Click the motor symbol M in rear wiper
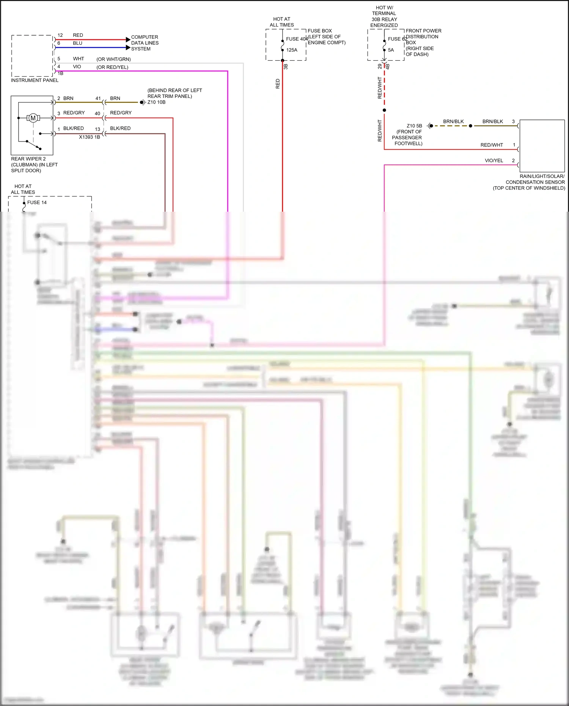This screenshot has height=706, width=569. pyautogui.click(x=33, y=118)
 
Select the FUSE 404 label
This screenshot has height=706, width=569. pyautogui.click(x=297, y=39)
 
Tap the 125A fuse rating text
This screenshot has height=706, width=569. pyautogui.click(x=291, y=50)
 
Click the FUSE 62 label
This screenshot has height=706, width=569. pyautogui.click(x=397, y=39)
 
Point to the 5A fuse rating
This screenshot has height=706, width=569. pyautogui.click(x=391, y=50)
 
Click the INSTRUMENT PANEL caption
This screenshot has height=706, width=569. pyautogui.click(x=35, y=80)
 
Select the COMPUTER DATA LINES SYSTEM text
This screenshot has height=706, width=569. pyautogui.click(x=145, y=43)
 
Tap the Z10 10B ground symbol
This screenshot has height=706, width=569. pyautogui.click(x=142, y=102)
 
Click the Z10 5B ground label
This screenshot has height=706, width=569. pyautogui.click(x=414, y=126)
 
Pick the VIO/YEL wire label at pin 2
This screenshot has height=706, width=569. pyautogui.click(x=494, y=160)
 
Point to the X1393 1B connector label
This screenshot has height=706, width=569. pyautogui.click(x=89, y=137)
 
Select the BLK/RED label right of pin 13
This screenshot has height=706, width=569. pyautogui.click(x=120, y=128)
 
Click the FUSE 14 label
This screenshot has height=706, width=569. pyautogui.click(x=37, y=202)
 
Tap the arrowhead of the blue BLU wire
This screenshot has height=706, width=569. pyautogui.click(x=128, y=47)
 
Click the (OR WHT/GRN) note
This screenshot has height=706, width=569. pyautogui.click(x=113, y=59)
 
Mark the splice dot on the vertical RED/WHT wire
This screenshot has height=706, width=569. pyautogui.click(x=384, y=110)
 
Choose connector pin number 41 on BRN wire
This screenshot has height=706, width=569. pyautogui.click(x=98, y=98)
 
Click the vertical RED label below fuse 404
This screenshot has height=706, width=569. pyautogui.click(x=278, y=84)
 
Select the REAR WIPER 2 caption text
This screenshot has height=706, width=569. pyautogui.click(x=28, y=159)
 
